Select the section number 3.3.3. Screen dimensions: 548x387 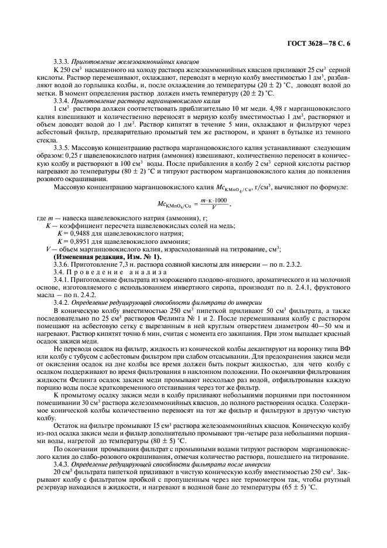click(x=61, y=60)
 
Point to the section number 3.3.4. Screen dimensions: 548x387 click(x=61, y=101)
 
